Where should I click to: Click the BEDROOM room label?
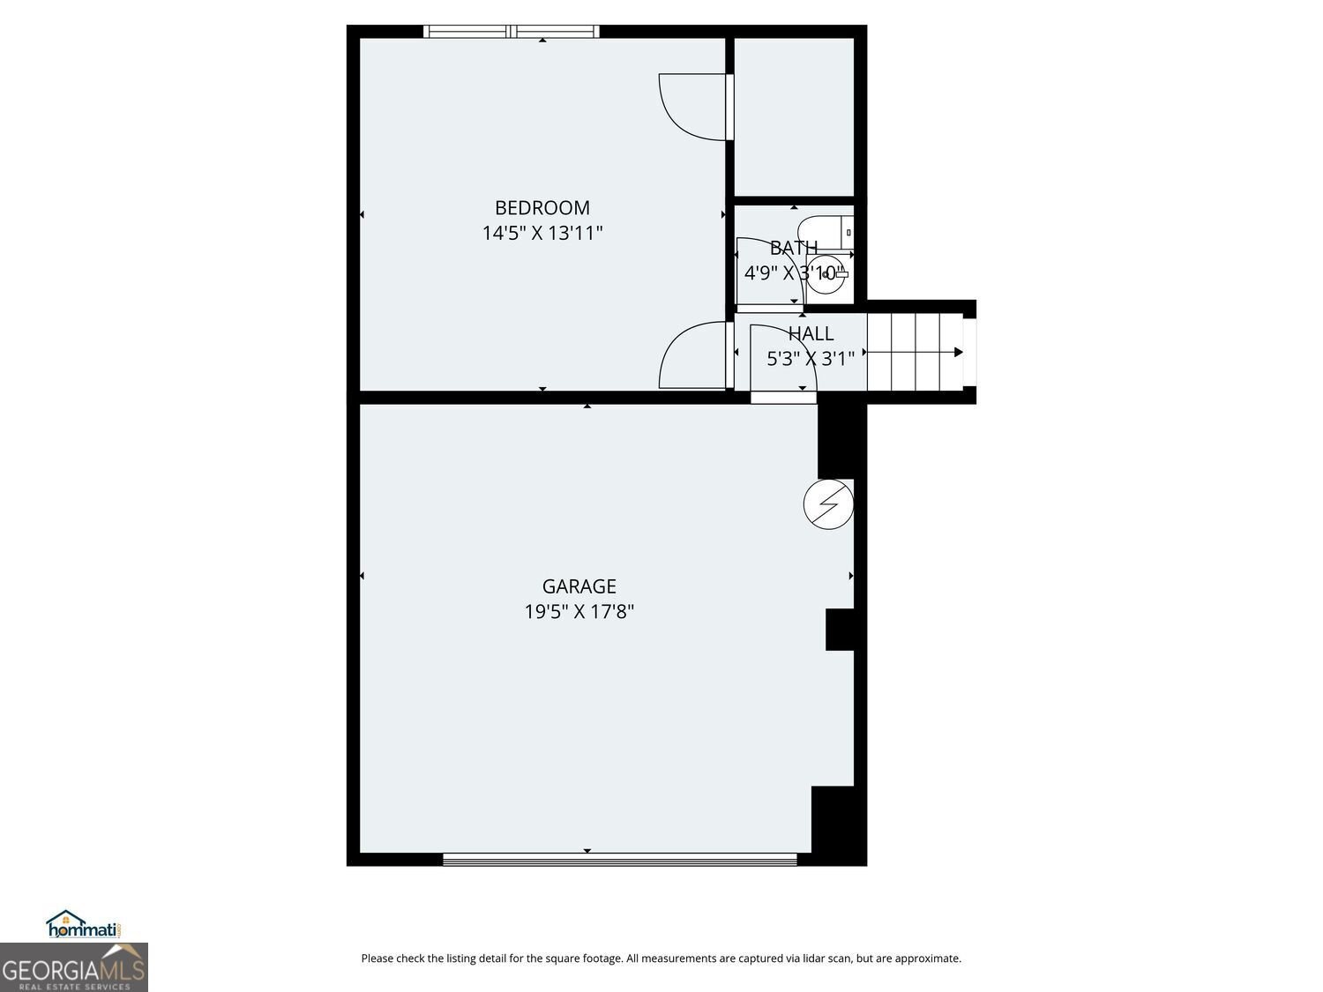pyautogui.click(x=542, y=208)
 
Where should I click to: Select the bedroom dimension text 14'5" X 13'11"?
pyautogui.click(x=542, y=234)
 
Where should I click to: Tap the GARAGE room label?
pyautogui.click(x=579, y=586)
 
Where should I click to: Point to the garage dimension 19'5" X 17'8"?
pyautogui.click(x=579, y=611)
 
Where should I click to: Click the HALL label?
pyautogui.click(x=811, y=334)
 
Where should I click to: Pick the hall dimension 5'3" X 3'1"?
pyautogui.click(x=811, y=359)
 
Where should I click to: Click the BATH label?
pyautogui.click(x=793, y=248)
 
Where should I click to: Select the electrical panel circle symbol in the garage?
pyautogui.click(x=828, y=504)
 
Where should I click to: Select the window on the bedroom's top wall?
pyautogui.click(x=512, y=32)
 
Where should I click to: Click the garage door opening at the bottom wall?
pyautogui.click(x=619, y=859)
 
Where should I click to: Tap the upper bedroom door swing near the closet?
pyautogui.click(x=694, y=106)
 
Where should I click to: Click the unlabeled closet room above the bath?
pyautogui.click(x=794, y=116)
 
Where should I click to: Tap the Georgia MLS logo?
pyautogui.click(x=73, y=968)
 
